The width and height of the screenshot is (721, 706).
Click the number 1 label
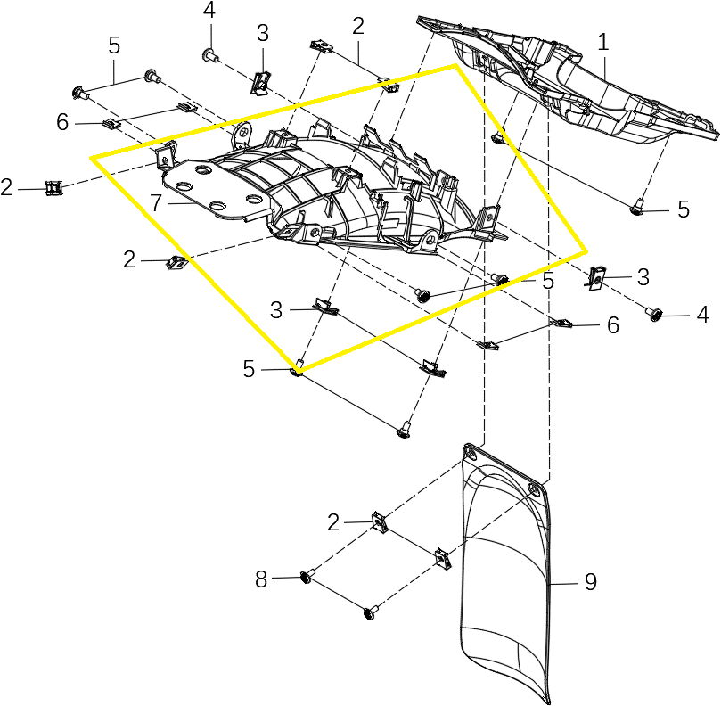click(x=603, y=42)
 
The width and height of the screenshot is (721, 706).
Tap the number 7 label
click(x=156, y=203)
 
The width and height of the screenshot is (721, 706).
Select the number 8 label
click(x=261, y=579)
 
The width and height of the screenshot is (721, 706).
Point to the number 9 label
click(x=590, y=582)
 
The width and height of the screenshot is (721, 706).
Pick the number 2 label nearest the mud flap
click(x=333, y=523)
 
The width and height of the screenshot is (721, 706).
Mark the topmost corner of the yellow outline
click(x=455, y=64)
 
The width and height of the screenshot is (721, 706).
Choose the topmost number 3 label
click(x=261, y=33)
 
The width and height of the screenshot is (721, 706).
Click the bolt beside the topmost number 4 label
click(x=209, y=55)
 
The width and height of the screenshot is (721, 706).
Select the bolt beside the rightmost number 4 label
click(x=656, y=313)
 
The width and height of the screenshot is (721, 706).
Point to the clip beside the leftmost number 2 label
click(x=55, y=188)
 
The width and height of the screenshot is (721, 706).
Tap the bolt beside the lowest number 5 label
click(x=296, y=369)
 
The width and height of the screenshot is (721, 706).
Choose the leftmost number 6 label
click(x=62, y=122)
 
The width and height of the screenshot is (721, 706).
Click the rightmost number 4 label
click(x=702, y=314)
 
